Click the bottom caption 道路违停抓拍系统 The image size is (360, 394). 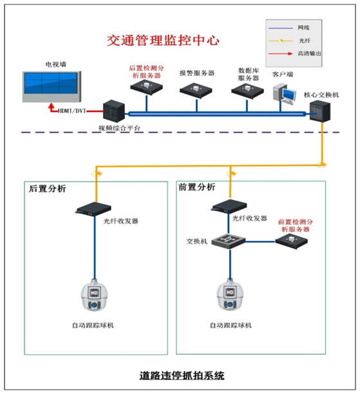pyautogui.click(x=180, y=375)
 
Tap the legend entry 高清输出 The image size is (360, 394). pyautogui.click(x=308, y=54)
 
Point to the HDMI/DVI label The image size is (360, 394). pyautogui.click(x=71, y=111)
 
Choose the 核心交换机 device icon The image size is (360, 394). pyautogui.click(x=319, y=112)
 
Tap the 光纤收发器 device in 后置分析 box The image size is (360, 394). pyautogui.click(x=93, y=207)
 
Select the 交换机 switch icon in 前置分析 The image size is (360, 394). pyautogui.click(x=229, y=240)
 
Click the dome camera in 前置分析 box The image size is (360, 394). pyautogui.click(x=230, y=296)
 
